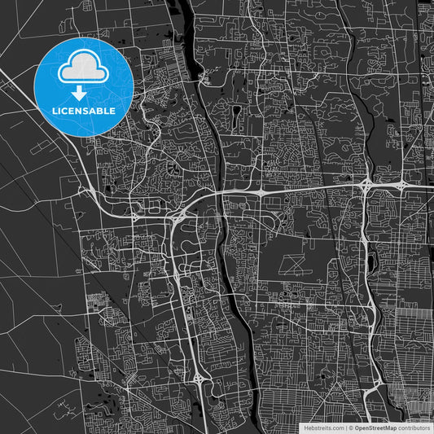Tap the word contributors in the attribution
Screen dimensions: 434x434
[x=414, y=427]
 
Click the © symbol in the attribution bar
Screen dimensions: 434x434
[x=351, y=427]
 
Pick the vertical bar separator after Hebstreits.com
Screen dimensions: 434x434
[x=346, y=427]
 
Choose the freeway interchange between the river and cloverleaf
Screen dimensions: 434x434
[x=259, y=192]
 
